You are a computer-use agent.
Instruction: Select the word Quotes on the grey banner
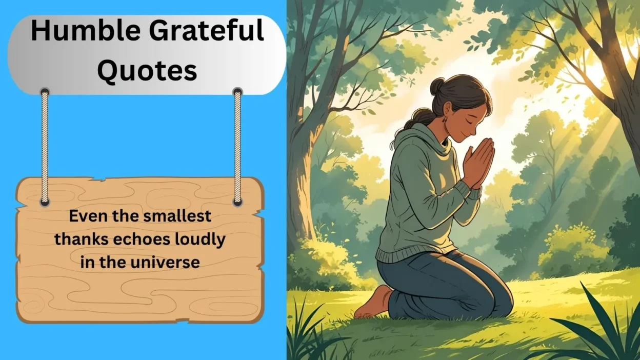click(147, 71)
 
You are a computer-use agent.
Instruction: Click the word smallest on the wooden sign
click(177, 216)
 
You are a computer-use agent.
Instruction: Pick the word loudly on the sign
click(201, 240)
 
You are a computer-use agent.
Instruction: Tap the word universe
click(165, 262)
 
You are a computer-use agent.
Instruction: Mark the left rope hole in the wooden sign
click(45, 202)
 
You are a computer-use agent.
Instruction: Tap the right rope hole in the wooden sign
click(238, 202)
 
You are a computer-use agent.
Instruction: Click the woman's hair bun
click(437, 87)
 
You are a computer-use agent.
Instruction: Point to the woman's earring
click(445, 119)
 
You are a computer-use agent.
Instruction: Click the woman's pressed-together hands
click(478, 164)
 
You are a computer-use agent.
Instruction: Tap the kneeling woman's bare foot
click(371, 304)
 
